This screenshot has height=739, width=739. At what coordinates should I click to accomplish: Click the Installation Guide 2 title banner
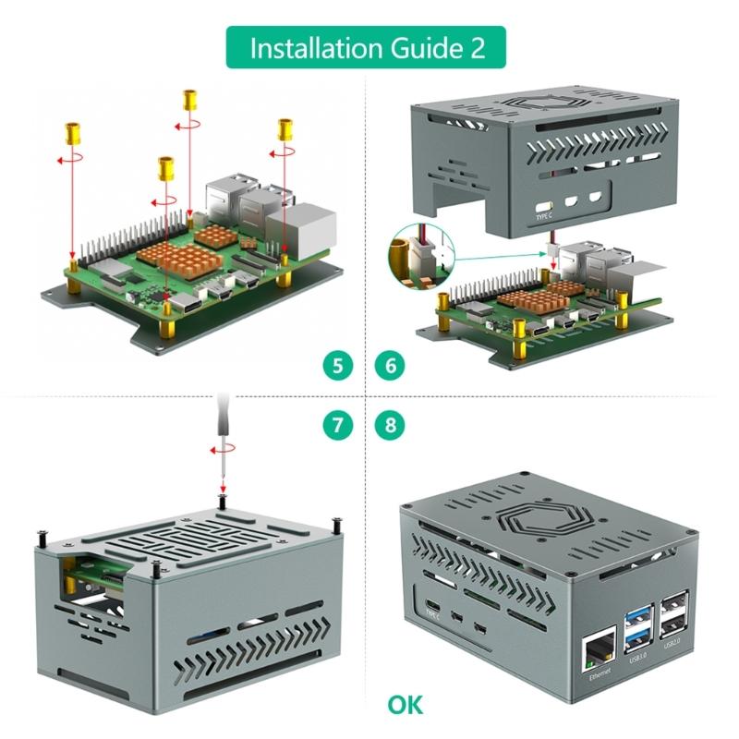point(367,47)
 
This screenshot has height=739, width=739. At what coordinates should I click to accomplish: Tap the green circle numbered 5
point(339,365)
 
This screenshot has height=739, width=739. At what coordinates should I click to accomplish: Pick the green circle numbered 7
point(339,425)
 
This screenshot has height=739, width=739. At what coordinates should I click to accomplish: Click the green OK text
point(406,705)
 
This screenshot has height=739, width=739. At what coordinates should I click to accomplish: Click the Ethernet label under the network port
point(600,678)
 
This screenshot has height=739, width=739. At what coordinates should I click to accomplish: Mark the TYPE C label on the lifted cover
point(545,216)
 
